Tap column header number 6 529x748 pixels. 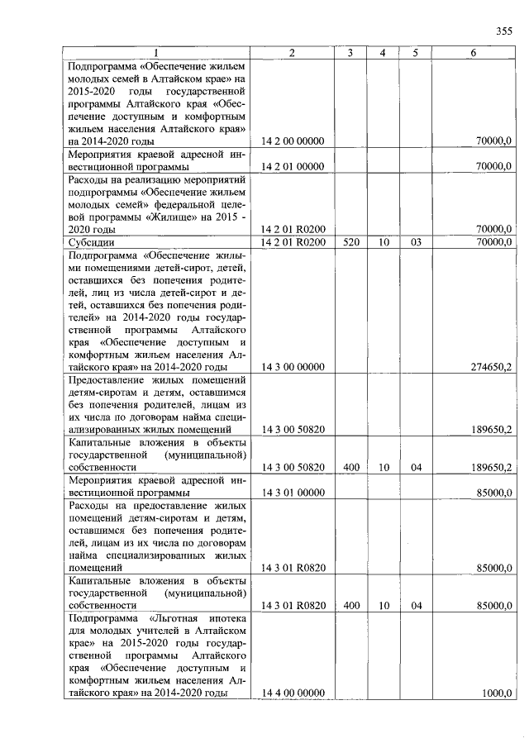pyautogui.click(x=473, y=54)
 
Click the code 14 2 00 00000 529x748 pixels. pyautogui.click(x=293, y=141)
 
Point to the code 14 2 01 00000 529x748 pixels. pyautogui.click(x=293, y=166)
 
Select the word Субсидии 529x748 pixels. pyautogui.click(x=92, y=242)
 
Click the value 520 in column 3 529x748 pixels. pyautogui.click(x=350, y=242)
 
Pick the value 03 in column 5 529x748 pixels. pyautogui.click(x=416, y=242)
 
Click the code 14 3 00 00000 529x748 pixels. pyautogui.click(x=293, y=366)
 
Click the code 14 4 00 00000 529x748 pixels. pyautogui.click(x=293, y=693)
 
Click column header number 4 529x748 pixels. pyautogui.click(x=383, y=54)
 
